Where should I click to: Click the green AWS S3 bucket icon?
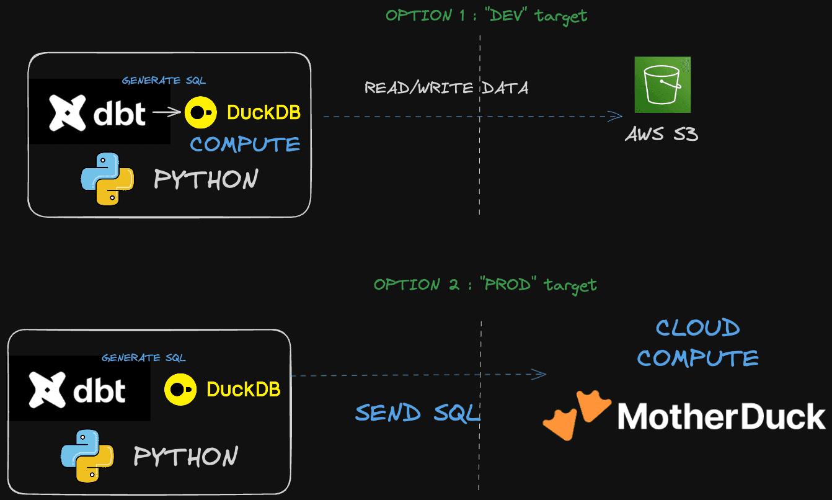pos(662,85)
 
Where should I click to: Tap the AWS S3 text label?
pos(662,133)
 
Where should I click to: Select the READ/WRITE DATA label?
pos(446,88)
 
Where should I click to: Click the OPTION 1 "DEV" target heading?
pos(486,16)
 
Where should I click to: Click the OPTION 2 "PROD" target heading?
pos(485,285)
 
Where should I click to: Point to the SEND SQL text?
pos(417,413)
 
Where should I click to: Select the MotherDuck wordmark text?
pos(722,416)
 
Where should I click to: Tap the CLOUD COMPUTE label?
pos(698,343)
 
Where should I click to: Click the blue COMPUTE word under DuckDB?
pos(245,145)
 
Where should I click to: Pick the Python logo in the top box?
pos(108,178)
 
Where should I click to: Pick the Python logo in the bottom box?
pos(87,455)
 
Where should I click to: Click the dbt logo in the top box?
pos(98,113)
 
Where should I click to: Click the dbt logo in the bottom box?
pos(78,390)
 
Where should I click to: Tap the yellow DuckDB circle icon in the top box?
pos(201,112)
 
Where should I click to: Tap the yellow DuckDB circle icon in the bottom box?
pos(180,389)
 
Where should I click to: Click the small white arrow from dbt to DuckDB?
pos(168,112)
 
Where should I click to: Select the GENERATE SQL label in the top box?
pos(164,81)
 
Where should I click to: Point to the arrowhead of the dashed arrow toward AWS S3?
pos(616,116)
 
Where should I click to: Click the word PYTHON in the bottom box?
pos(186,457)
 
